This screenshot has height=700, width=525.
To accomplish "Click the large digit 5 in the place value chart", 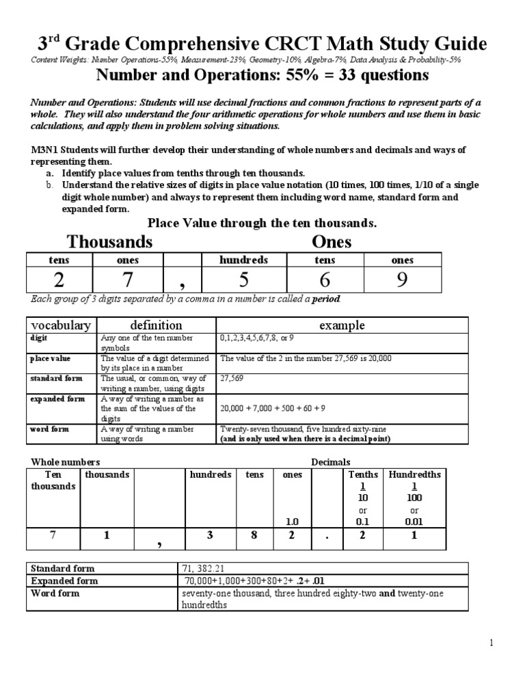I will click(x=243, y=281).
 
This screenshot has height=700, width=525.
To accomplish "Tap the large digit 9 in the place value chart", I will click(x=402, y=281).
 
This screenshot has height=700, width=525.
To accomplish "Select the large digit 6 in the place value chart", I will click(x=325, y=281).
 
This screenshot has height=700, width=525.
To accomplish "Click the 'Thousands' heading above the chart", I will click(x=109, y=242).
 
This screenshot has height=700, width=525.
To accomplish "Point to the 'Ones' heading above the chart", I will click(x=332, y=242).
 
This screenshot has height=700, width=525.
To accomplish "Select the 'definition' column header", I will click(x=157, y=325).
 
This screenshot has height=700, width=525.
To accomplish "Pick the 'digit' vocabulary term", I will click(x=39, y=338).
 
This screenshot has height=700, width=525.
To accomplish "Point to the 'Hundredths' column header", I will click(x=414, y=474).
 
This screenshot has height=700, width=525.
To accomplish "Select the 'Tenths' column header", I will click(x=363, y=474).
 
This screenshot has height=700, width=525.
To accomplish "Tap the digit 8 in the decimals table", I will click(x=254, y=536).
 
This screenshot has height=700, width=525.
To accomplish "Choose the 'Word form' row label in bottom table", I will click(x=55, y=593).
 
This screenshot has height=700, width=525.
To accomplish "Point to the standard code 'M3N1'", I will click(x=44, y=150).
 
